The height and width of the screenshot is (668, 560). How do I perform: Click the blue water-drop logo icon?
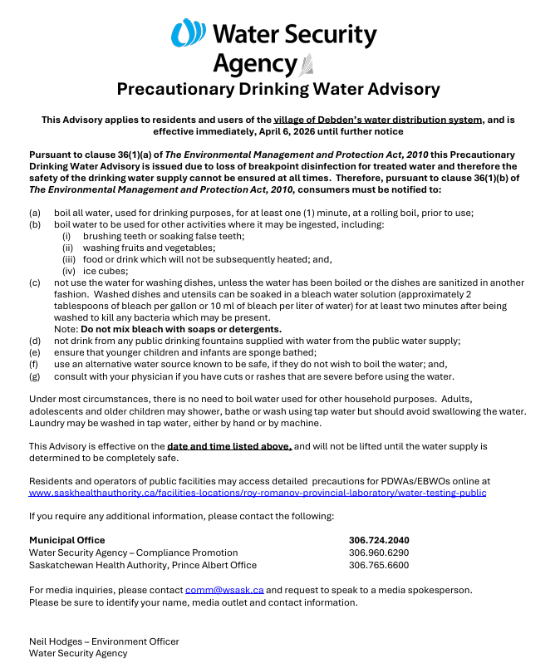(188, 34)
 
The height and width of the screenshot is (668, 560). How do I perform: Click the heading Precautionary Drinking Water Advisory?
(278, 89)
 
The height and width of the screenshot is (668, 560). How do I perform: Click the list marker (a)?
(35, 213)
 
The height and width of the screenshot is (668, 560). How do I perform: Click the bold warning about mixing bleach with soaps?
(180, 329)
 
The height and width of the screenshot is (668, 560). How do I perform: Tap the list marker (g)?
(35, 376)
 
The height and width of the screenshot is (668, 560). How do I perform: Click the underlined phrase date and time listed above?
(229, 446)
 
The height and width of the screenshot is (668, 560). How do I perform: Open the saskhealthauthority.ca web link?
(258, 493)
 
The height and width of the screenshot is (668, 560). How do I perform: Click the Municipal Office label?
(67, 540)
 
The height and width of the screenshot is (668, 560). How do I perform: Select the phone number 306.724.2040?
(379, 540)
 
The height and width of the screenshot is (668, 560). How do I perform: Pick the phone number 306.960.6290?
(379, 553)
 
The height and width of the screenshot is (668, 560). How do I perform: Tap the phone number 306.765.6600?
(379, 565)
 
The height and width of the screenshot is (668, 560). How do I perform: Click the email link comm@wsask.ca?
(224, 590)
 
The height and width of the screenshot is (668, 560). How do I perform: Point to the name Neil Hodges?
(58, 641)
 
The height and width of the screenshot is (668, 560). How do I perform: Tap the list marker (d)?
(35, 341)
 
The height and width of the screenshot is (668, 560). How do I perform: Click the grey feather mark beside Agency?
(307, 64)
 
